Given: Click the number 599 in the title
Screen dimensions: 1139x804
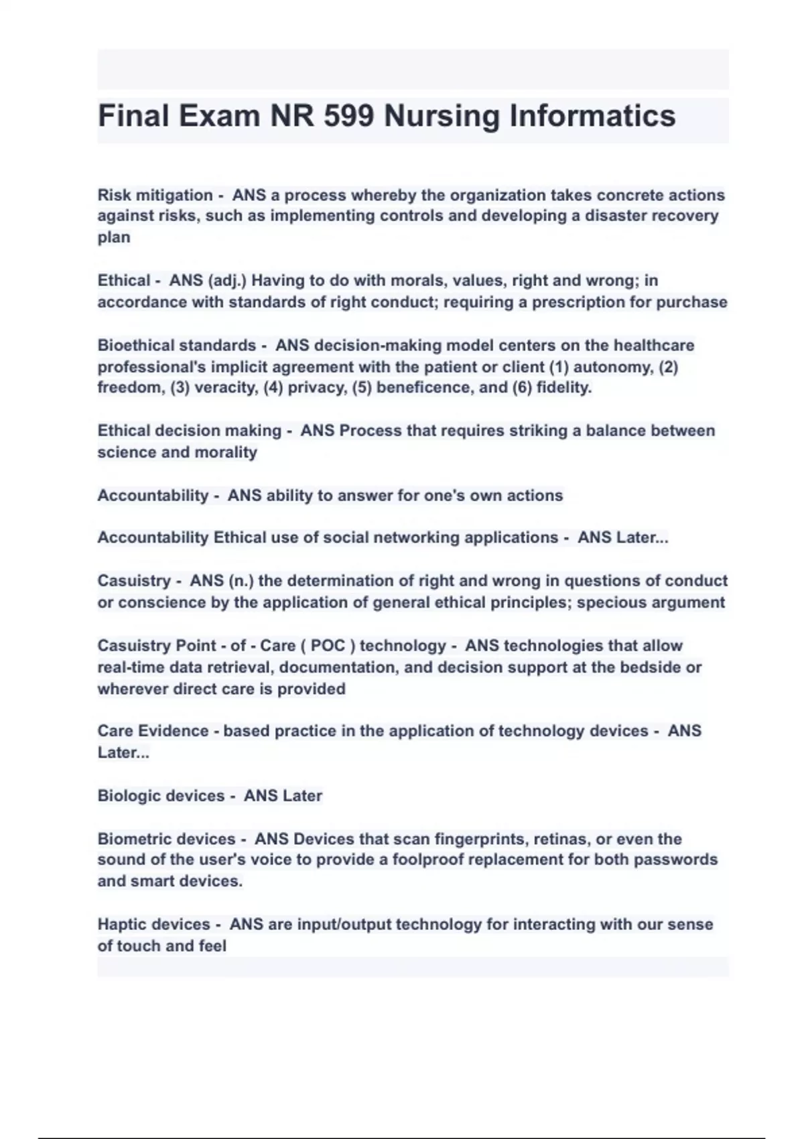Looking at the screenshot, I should coord(348,116).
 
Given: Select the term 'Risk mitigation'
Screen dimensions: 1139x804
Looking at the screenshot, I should coord(155,195).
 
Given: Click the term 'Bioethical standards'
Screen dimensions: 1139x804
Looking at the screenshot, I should coord(177,346).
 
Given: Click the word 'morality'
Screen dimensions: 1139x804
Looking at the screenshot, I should coord(226,452).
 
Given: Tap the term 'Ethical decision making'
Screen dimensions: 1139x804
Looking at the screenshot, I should coord(189,431).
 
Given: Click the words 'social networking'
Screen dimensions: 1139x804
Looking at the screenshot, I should coord(400,537).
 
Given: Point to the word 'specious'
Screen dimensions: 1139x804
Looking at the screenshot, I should coord(609,602).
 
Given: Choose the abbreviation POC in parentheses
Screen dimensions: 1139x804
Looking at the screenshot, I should coord(328,646).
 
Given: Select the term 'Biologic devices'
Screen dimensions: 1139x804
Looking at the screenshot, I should coord(161,796).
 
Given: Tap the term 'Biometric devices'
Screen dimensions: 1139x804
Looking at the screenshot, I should coord(166,839).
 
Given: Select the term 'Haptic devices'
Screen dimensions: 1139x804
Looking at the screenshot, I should coord(153,925).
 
